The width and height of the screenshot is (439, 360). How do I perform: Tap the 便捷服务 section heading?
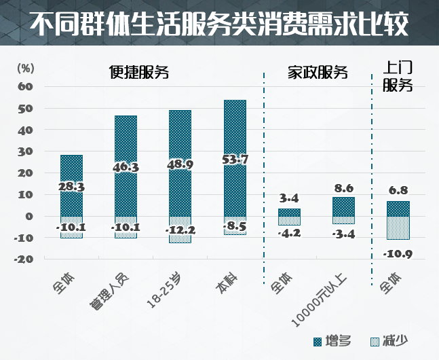coord(139,73)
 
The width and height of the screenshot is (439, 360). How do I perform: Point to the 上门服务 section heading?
coord(398,75)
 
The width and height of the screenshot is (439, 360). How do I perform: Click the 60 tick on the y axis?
coord(26,86)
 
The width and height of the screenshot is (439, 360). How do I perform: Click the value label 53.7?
coord(235,160)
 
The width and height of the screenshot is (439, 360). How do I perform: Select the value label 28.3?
coord(71,187)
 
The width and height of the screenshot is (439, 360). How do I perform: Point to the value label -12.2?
coord(180,230)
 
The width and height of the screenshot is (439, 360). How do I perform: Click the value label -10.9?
coord(398,254)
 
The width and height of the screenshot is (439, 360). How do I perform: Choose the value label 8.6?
coord(344,188)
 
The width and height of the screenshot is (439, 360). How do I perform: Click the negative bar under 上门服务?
coord(398,228)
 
